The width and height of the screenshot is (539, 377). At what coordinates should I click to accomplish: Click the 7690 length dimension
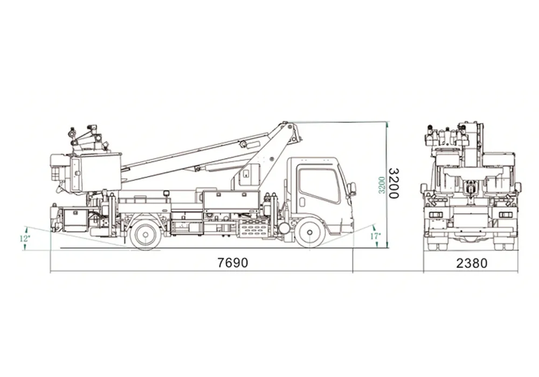tap(233, 263)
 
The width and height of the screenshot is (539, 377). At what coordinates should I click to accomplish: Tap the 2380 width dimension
tap(472, 263)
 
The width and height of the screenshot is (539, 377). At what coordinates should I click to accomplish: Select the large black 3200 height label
tap(393, 183)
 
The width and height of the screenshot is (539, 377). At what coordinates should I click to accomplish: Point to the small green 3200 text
tap(381, 185)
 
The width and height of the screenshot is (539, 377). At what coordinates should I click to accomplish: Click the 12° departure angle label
tap(24, 238)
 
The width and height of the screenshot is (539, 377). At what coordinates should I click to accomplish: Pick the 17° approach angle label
tap(375, 236)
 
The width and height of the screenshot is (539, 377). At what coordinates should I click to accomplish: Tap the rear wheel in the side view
tap(146, 234)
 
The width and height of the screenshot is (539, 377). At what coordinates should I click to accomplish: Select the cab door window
tap(319, 185)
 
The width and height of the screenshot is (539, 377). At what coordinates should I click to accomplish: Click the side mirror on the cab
tap(351, 189)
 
